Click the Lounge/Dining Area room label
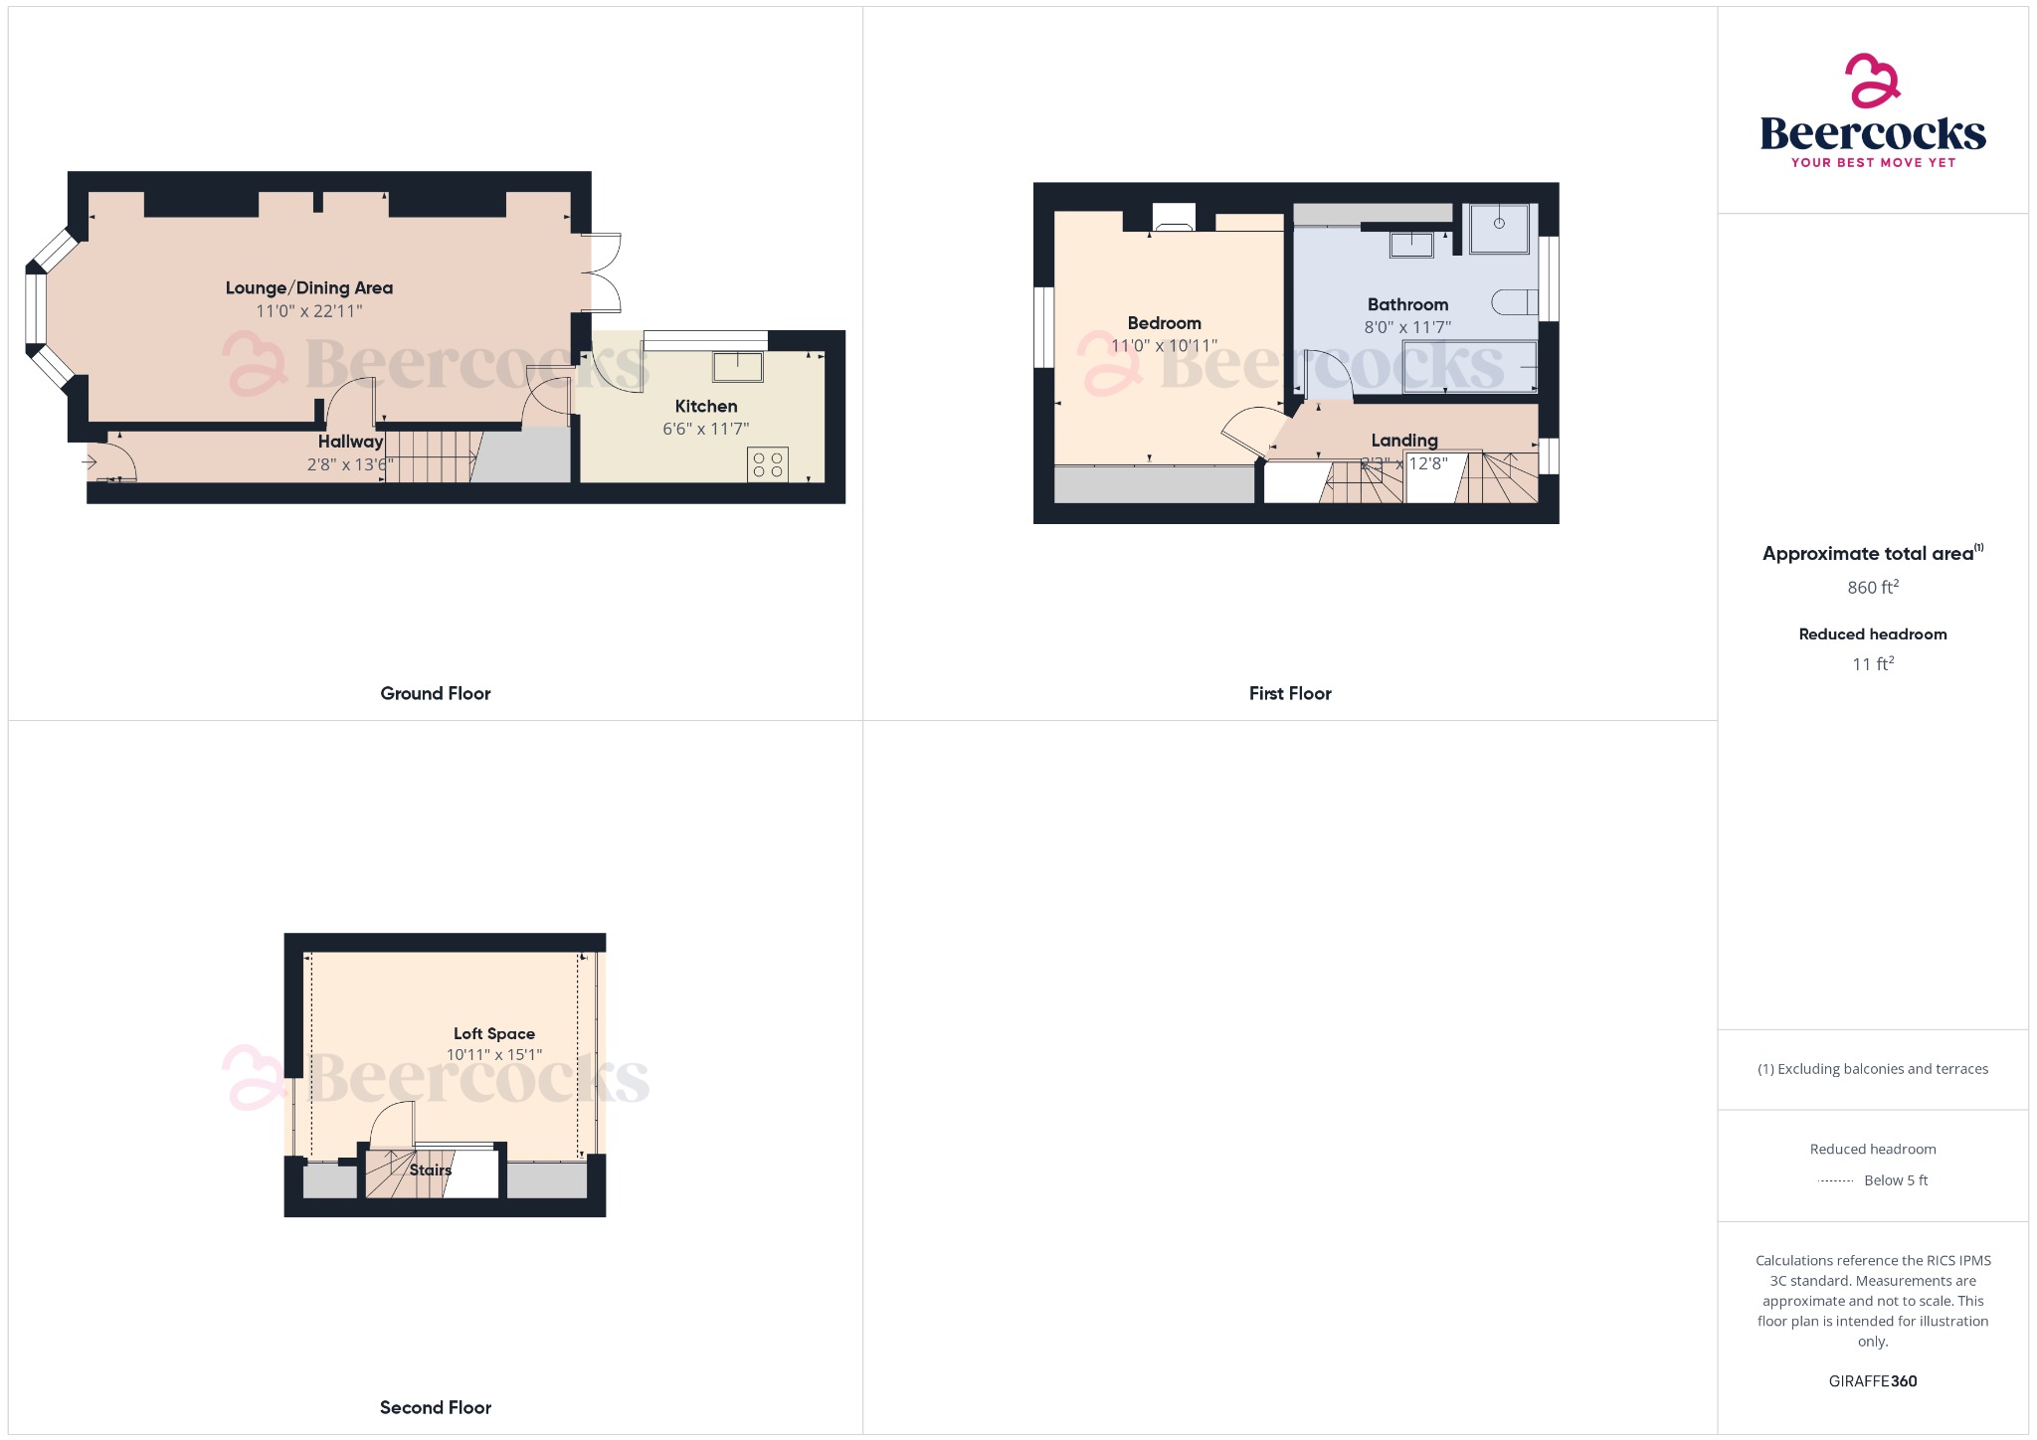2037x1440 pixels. tap(308, 288)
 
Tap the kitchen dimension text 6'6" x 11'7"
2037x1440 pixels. tap(705, 430)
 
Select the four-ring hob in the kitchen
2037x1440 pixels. tap(767, 464)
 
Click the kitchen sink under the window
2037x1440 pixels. tap(737, 367)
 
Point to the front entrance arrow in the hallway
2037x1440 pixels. tap(90, 461)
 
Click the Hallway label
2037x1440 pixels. tap(350, 442)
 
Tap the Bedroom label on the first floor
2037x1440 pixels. tap(1164, 323)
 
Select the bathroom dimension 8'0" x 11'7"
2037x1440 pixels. tap(1407, 327)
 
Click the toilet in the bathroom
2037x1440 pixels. tap(1516, 302)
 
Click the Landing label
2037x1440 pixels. tap(1403, 441)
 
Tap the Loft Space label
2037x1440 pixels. tap(493, 1034)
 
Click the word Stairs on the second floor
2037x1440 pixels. tap(431, 1170)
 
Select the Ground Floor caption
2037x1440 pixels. tap(435, 694)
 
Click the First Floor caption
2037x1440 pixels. tap(1289, 694)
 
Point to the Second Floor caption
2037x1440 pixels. tap(435, 1408)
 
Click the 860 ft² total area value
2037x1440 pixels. tap(1872, 588)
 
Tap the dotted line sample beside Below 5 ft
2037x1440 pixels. tap(1835, 1181)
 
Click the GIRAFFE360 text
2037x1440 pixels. tap(1872, 1381)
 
